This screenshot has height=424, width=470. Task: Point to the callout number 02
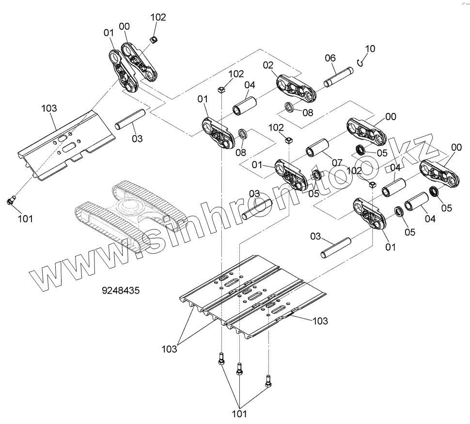click(x=268, y=64)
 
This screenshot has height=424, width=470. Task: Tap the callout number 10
click(x=370, y=49)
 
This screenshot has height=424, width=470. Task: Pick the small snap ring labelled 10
click(x=359, y=61)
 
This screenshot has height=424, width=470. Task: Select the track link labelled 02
click(x=296, y=89)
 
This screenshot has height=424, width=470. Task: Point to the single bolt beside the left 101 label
click(x=12, y=199)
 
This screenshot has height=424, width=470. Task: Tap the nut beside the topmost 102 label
click(x=154, y=39)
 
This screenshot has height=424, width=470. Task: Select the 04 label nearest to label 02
click(x=249, y=85)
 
